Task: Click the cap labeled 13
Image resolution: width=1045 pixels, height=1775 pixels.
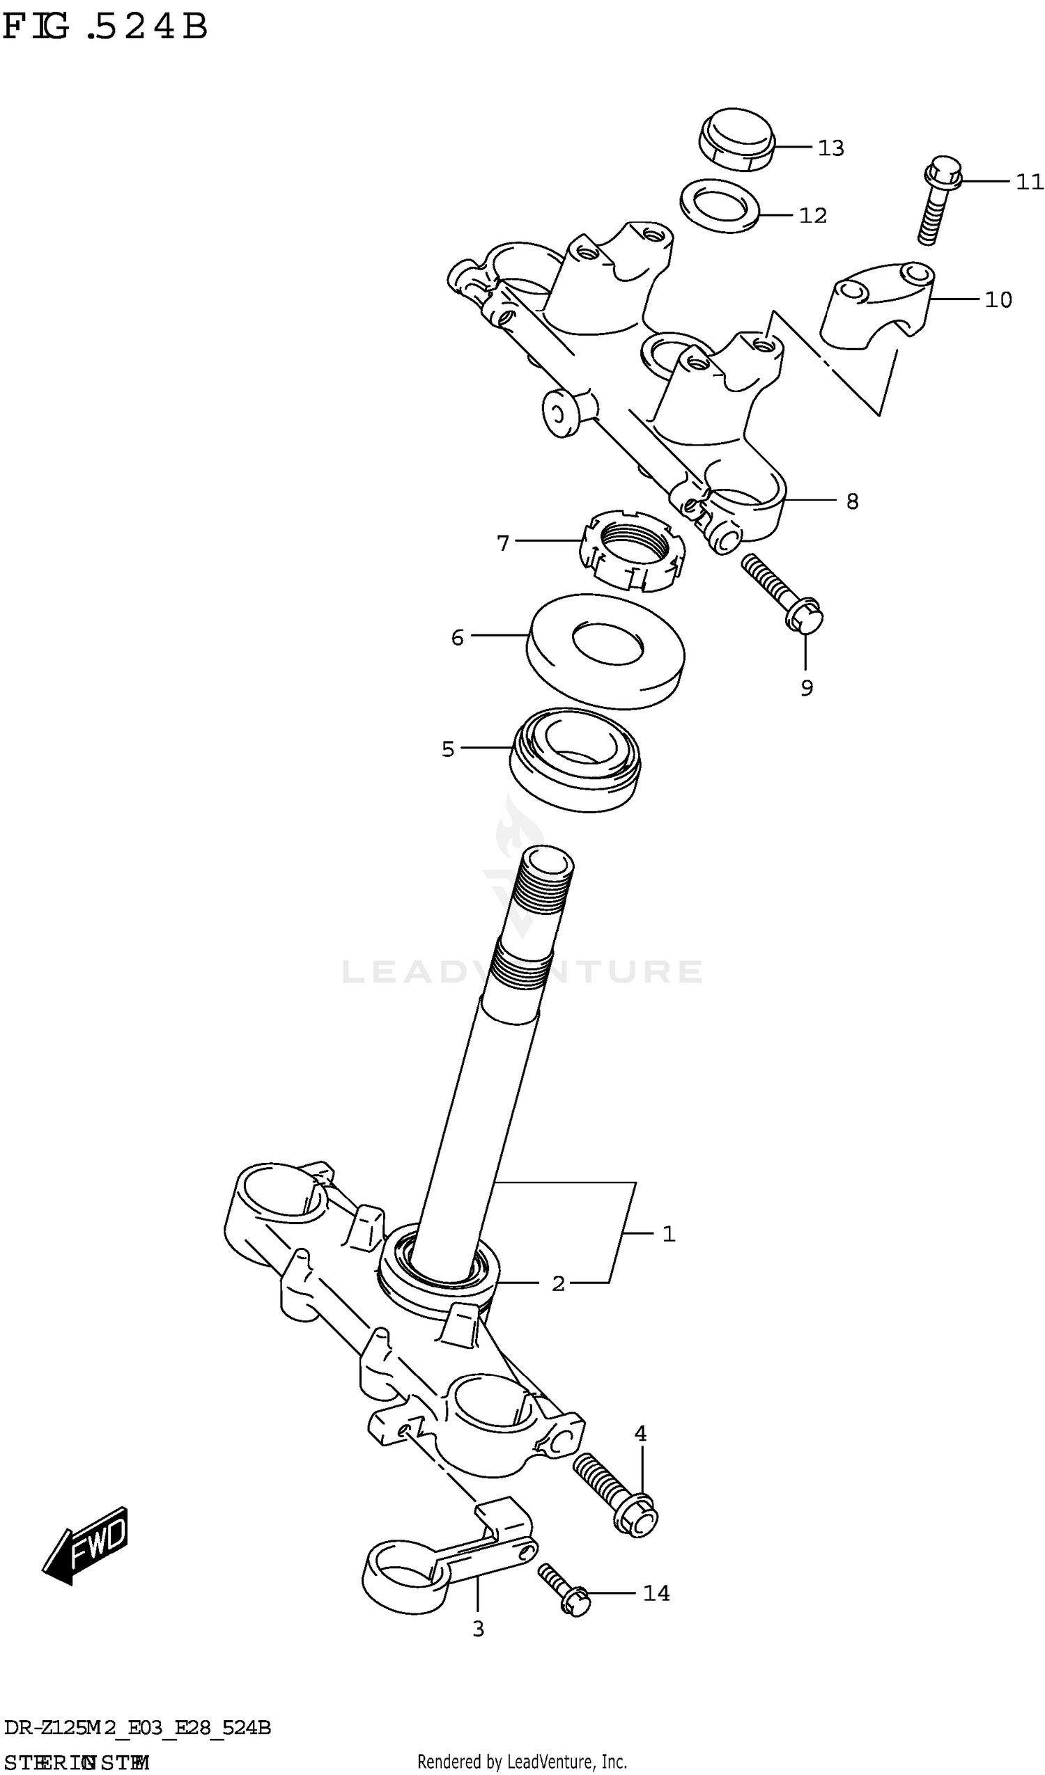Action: click(737, 139)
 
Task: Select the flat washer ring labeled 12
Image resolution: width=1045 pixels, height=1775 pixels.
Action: click(719, 205)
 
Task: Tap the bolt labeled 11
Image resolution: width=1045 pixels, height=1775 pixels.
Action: click(936, 201)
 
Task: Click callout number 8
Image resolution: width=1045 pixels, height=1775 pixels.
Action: click(852, 501)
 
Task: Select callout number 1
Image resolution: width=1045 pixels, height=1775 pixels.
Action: click(669, 1233)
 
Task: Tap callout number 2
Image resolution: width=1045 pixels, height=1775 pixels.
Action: click(558, 1283)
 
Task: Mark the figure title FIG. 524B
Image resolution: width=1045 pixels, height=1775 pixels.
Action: click(106, 26)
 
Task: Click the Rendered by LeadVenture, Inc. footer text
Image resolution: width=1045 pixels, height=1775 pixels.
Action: click(522, 1761)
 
